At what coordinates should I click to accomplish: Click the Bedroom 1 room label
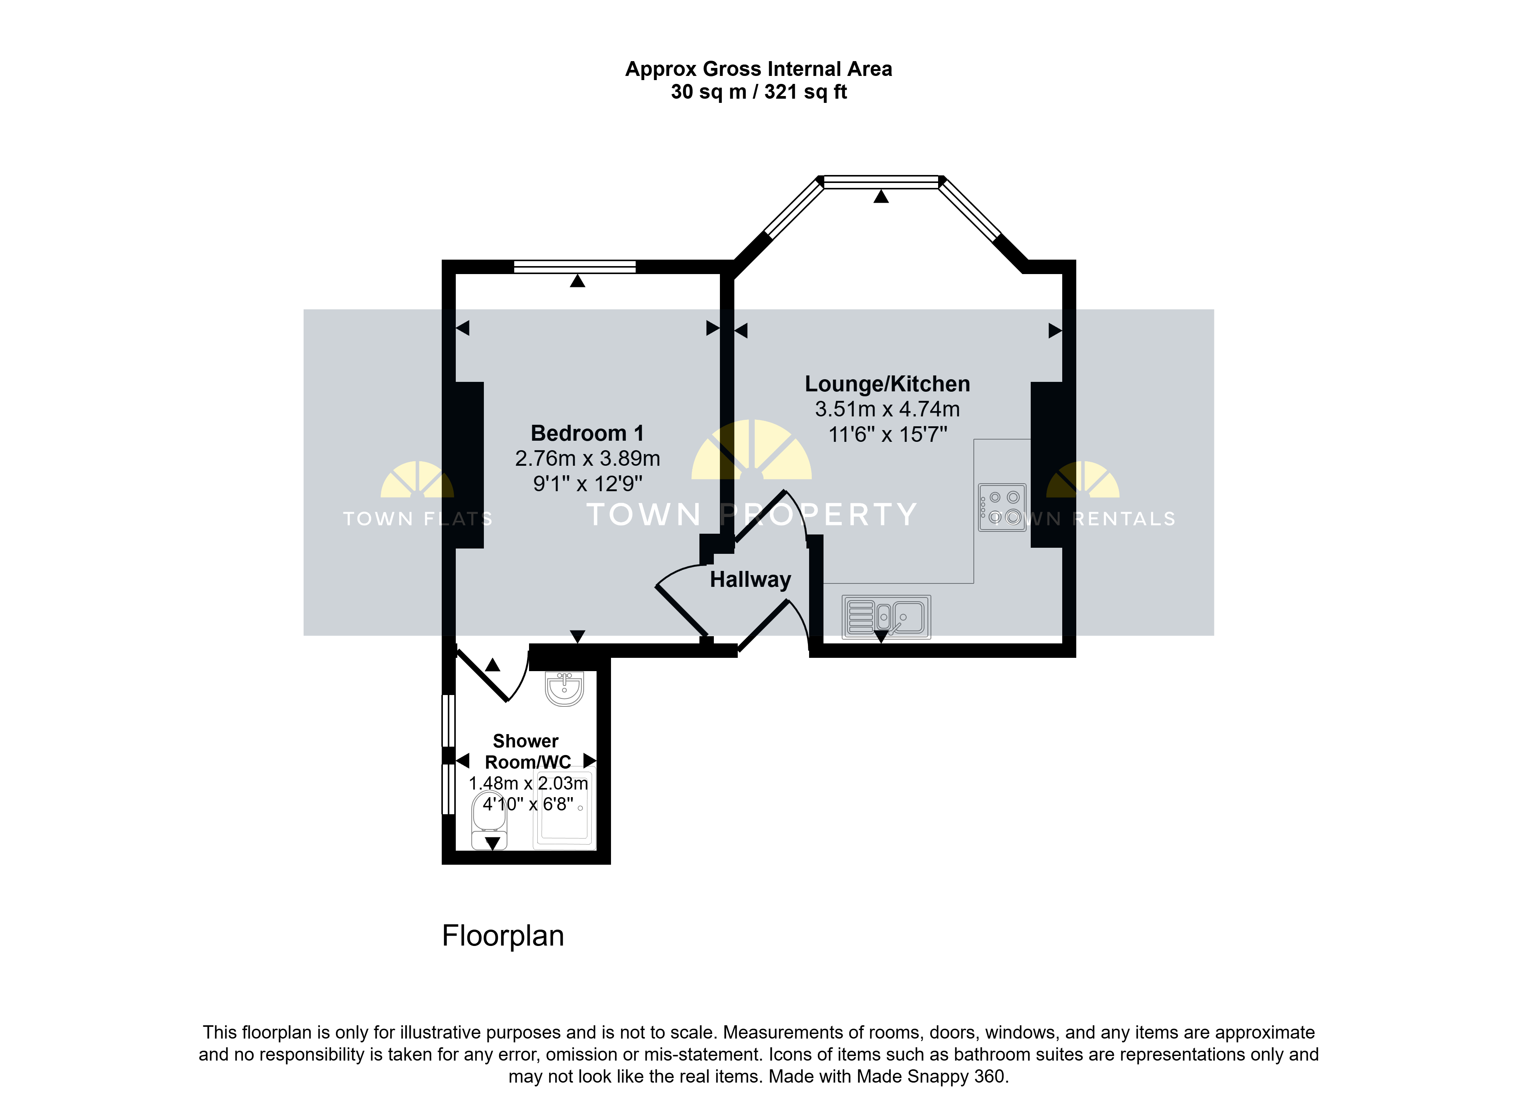click(587, 433)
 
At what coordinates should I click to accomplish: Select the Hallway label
click(750, 580)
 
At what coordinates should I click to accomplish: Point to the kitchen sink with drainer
click(886, 617)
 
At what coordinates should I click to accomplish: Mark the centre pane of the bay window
click(881, 182)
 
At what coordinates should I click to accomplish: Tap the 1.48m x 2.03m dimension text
click(528, 783)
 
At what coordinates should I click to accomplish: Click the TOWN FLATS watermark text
click(417, 519)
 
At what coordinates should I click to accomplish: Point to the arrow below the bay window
click(881, 197)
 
